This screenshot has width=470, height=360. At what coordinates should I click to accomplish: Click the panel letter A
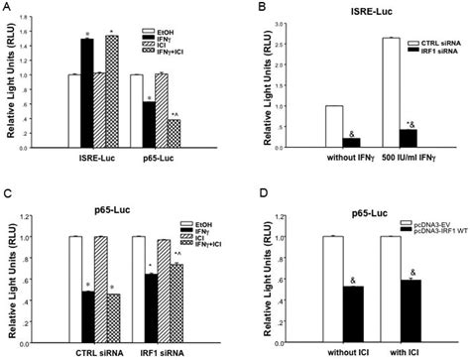[x=8, y=9]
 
